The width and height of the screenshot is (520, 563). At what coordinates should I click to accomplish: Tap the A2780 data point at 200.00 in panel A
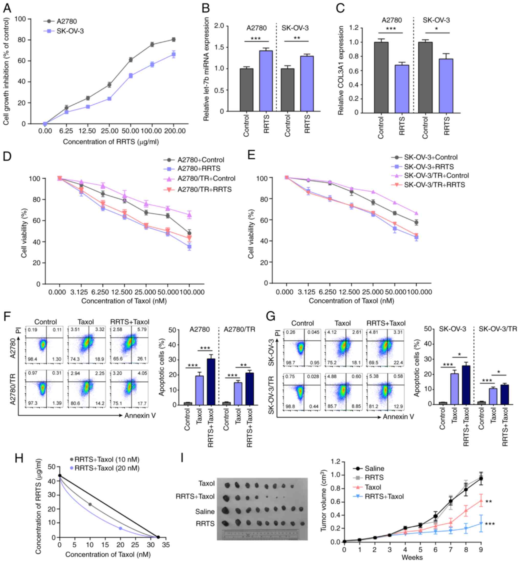(x=174, y=40)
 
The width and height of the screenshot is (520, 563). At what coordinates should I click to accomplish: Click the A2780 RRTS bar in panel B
(x=266, y=81)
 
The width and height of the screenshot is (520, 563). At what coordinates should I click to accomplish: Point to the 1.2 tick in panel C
(x=354, y=28)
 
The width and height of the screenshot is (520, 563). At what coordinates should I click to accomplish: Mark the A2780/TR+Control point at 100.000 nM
(x=189, y=215)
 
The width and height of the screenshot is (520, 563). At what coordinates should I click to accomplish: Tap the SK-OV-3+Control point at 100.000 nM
(x=416, y=223)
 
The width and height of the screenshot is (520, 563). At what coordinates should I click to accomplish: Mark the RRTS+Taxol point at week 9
(x=481, y=523)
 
